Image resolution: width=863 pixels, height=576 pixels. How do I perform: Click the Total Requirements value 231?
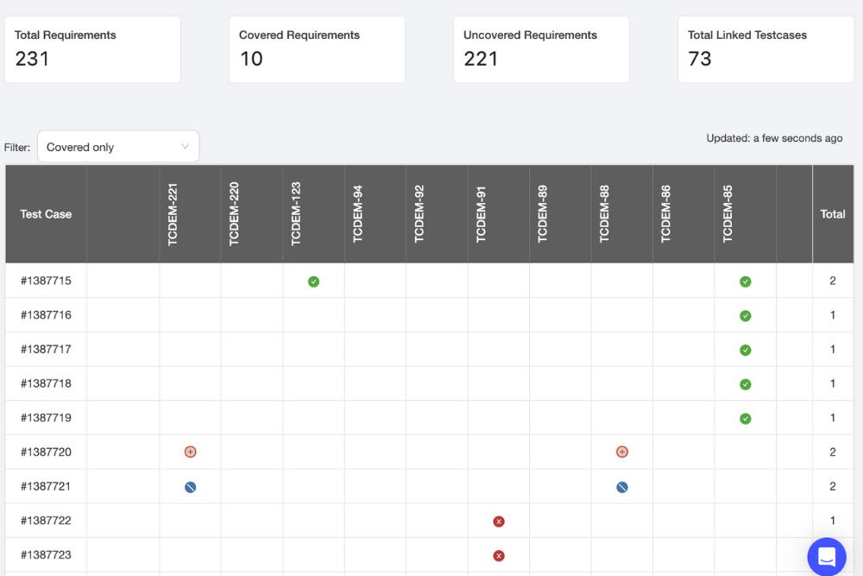[32, 59]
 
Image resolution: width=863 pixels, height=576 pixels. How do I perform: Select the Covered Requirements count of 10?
[251, 59]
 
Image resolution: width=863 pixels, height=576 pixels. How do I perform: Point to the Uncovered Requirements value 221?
[481, 59]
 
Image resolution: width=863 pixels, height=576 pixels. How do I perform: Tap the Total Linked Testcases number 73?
[700, 59]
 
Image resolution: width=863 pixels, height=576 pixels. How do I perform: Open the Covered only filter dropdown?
[118, 147]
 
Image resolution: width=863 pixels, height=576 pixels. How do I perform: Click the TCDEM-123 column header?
[296, 214]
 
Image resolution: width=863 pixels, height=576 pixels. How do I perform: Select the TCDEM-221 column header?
[173, 214]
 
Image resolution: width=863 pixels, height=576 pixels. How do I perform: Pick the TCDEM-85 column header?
[728, 214]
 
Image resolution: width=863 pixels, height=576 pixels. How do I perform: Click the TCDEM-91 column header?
[482, 214]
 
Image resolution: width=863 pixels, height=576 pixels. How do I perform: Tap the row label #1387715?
[46, 281]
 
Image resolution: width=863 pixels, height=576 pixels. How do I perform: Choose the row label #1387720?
[46, 452]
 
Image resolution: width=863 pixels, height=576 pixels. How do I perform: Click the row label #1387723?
[46, 555]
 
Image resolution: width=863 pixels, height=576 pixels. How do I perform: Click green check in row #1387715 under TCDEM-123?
[314, 282]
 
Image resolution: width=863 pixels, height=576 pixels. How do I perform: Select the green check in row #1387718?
[746, 384]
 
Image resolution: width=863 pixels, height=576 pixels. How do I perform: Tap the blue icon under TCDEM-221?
[191, 487]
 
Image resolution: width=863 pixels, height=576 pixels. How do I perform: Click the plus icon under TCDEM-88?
[622, 452]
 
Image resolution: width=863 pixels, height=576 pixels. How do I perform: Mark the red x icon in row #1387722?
[499, 522]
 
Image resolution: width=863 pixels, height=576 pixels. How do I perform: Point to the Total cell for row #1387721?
[833, 486]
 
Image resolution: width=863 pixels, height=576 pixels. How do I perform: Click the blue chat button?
[826, 556]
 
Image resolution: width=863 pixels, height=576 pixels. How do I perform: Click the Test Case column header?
[46, 214]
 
